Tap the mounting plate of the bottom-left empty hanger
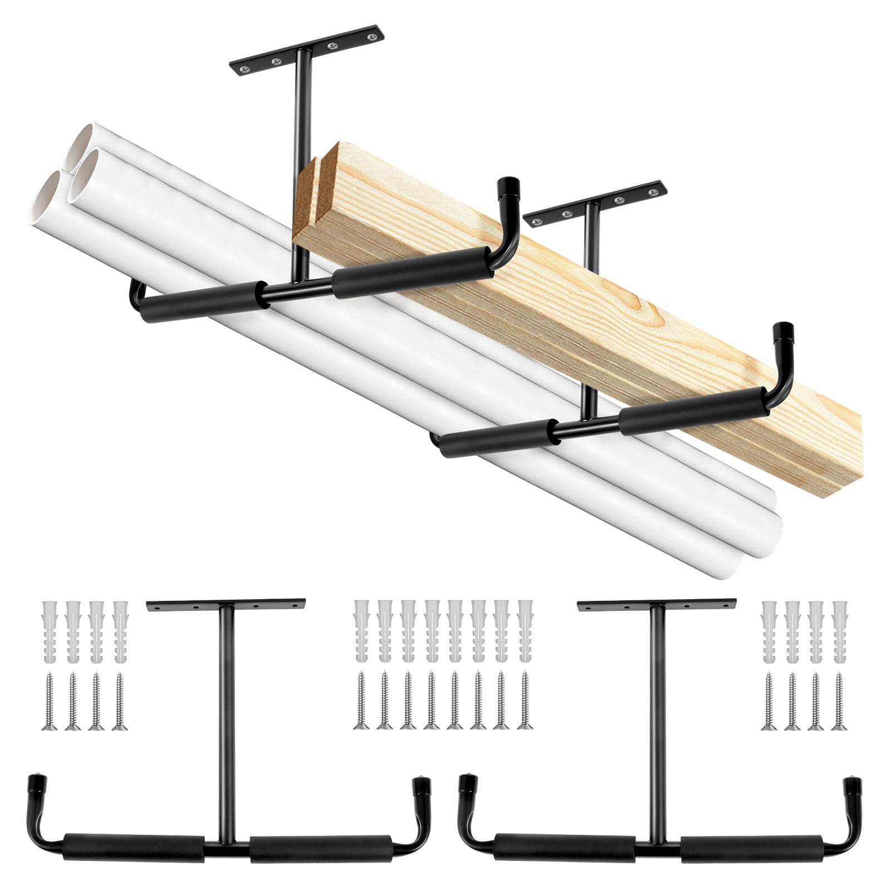pos(226,604)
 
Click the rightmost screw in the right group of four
pos(839,701)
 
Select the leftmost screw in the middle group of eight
pos(361,701)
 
